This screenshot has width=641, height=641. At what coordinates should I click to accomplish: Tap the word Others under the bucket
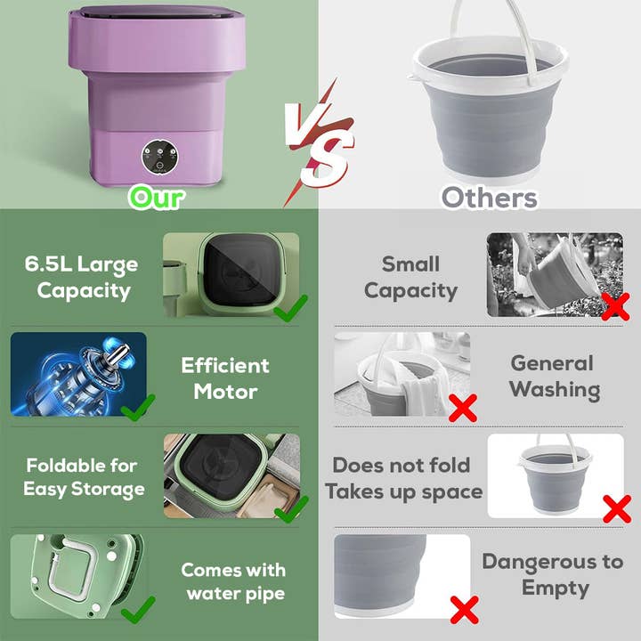[x=489, y=197]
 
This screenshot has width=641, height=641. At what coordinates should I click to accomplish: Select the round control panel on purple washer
[x=158, y=158]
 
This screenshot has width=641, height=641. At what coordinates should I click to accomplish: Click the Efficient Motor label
[x=225, y=378]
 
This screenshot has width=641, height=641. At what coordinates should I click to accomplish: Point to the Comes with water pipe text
[x=233, y=581]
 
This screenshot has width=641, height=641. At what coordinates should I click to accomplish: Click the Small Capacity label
[x=410, y=277]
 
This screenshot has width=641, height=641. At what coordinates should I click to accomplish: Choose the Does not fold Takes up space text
[x=403, y=478]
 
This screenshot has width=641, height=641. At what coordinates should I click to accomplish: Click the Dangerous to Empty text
[x=552, y=574]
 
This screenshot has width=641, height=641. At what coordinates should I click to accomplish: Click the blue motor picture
[x=78, y=374]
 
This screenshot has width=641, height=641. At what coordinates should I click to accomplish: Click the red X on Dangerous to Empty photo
[x=463, y=609]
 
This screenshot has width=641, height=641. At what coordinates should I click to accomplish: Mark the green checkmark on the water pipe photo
[x=138, y=610]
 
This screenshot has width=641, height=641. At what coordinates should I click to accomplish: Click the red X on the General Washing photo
[x=462, y=408]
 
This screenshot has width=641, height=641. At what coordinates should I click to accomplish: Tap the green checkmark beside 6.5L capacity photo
[x=290, y=308]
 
